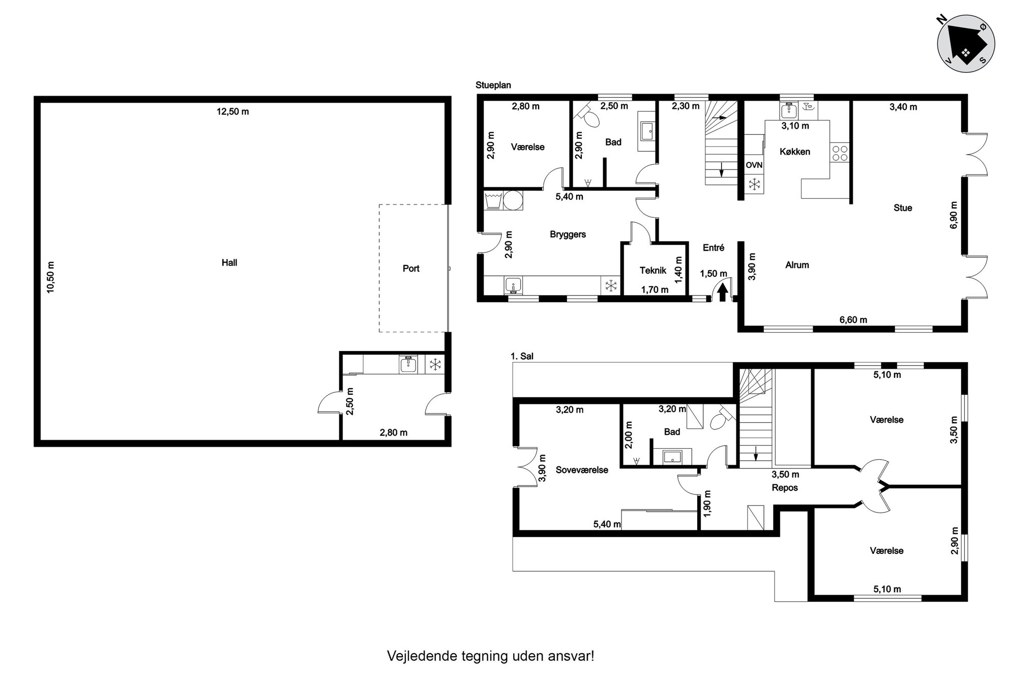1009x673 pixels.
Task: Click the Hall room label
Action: (229, 262)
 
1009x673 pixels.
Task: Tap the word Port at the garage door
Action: (411, 268)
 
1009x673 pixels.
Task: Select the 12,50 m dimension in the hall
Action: (233, 111)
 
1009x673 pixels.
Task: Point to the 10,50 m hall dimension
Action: (50, 277)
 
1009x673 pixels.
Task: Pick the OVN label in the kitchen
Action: (754, 165)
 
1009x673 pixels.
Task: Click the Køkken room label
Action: (795, 152)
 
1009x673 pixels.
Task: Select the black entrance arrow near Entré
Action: (722, 292)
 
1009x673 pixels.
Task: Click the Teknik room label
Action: (653, 271)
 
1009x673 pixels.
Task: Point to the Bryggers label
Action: (568, 235)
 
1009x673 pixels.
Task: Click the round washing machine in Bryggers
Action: (513, 200)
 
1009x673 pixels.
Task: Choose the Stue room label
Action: (903, 208)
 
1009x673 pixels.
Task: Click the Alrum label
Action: (797, 265)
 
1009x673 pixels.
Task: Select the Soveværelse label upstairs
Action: (582, 470)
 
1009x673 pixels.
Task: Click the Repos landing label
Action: (785, 487)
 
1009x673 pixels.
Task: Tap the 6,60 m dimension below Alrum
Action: (853, 320)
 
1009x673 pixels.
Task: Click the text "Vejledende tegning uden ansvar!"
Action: (491, 656)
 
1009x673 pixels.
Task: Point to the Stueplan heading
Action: (493, 85)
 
